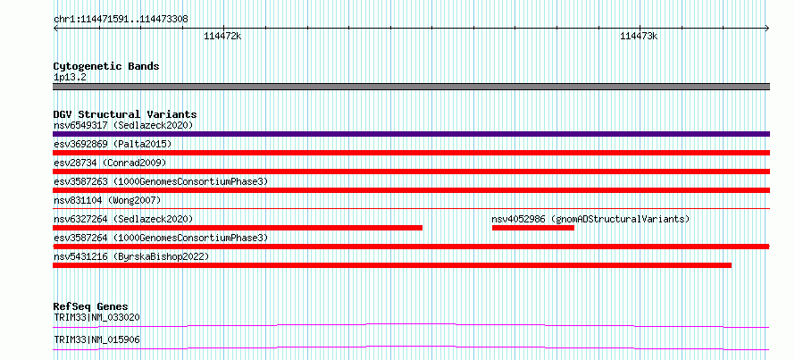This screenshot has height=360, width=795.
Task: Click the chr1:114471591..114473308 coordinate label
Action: click(x=121, y=20)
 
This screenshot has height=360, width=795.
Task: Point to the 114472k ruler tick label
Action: click(x=222, y=36)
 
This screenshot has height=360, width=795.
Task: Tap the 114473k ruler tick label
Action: click(x=639, y=36)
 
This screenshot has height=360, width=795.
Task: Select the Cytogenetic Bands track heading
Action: click(x=106, y=66)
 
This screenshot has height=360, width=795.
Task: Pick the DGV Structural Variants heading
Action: click(x=125, y=114)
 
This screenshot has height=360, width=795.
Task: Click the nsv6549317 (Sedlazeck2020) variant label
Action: click(x=123, y=125)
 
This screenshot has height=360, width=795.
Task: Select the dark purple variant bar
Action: click(x=411, y=134)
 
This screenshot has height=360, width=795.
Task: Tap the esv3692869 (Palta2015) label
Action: click(x=113, y=144)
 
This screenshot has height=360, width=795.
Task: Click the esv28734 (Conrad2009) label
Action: click(x=110, y=163)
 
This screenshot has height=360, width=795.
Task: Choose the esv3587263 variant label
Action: click(x=161, y=181)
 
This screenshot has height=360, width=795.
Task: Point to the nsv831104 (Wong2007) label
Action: click(x=107, y=200)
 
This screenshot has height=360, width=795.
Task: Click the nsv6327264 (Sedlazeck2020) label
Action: click(x=123, y=219)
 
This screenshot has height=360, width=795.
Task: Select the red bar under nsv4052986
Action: click(x=533, y=228)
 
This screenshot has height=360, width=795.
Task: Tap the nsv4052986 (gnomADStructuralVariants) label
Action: click(x=590, y=219)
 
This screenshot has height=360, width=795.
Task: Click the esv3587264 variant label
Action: click(x=161, y=238)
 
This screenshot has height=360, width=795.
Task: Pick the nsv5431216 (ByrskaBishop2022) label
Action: click(x=131, y=256)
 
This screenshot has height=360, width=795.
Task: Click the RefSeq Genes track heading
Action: click(x=91, y=306)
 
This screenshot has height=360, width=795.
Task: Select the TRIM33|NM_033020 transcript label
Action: click(x=96, y=317)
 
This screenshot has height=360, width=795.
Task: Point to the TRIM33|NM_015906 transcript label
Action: click(x=96, y=339)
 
